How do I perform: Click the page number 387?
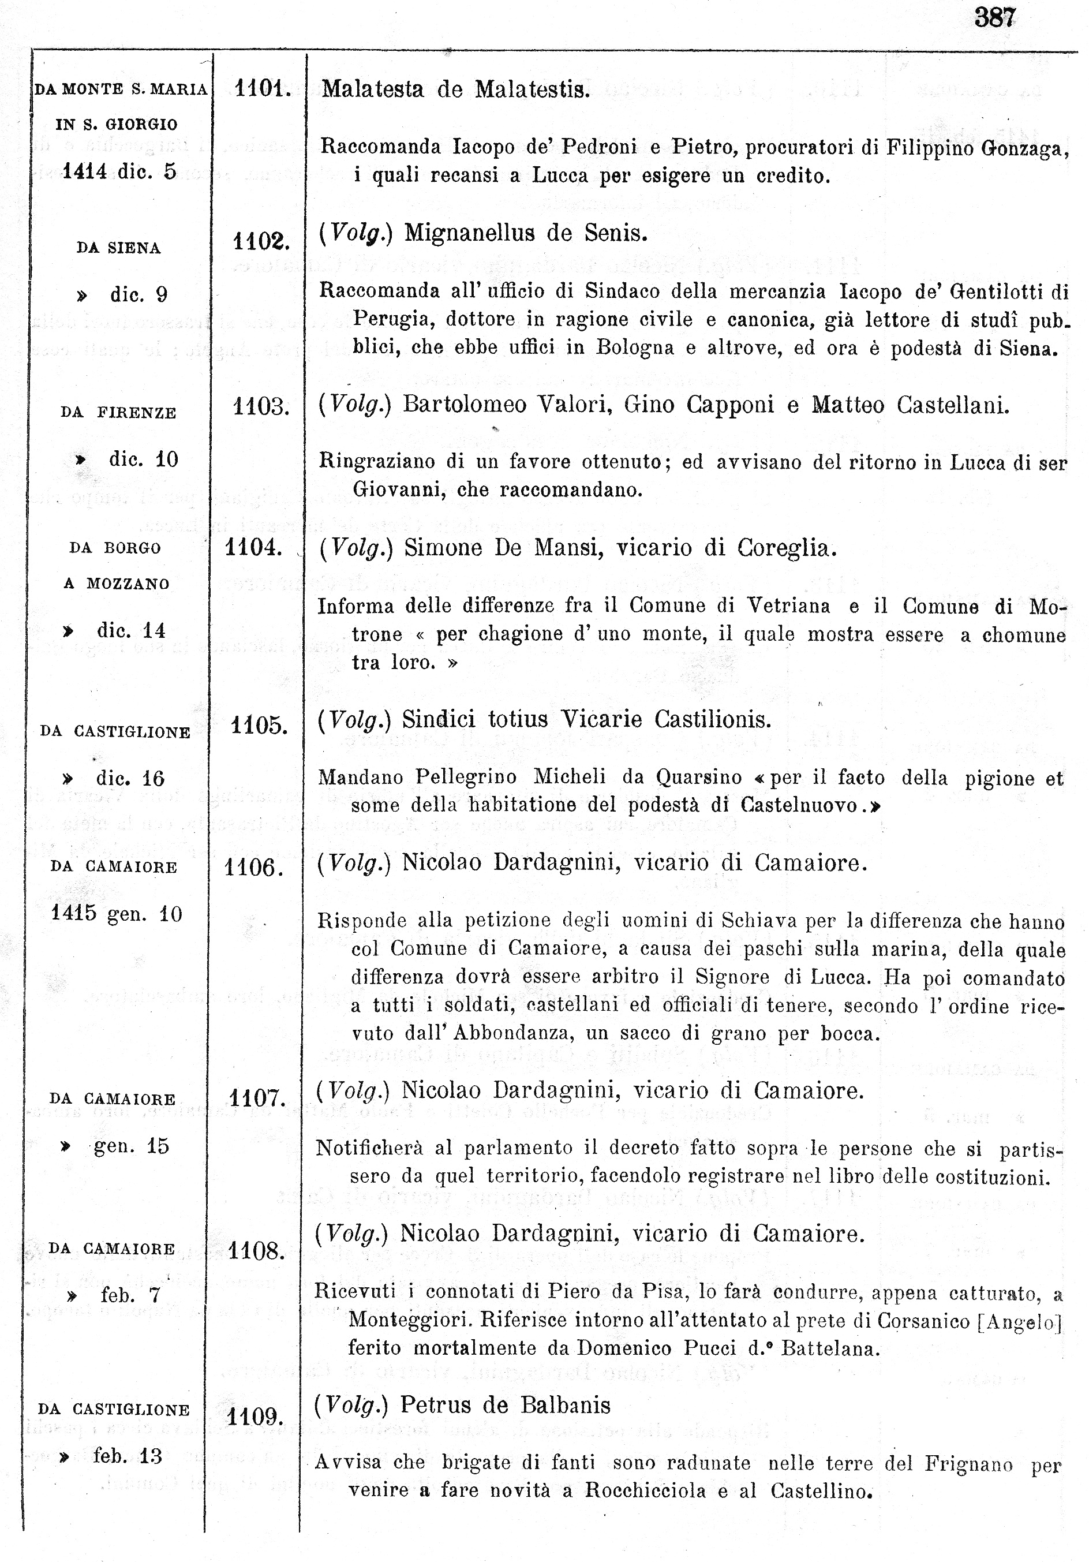click(994, 17)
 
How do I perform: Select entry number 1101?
click(262, 88)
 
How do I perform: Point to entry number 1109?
click(255, 1417)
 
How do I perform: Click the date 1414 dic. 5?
click(119, 171)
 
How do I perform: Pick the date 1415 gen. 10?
click(117, 913)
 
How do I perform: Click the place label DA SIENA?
click(118, 248)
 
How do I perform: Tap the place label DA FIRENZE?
click(118, 413)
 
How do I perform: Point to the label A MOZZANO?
click(117, 584)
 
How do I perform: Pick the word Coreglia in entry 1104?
click(785, 548)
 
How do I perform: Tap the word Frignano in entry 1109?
click(968, 1464)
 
